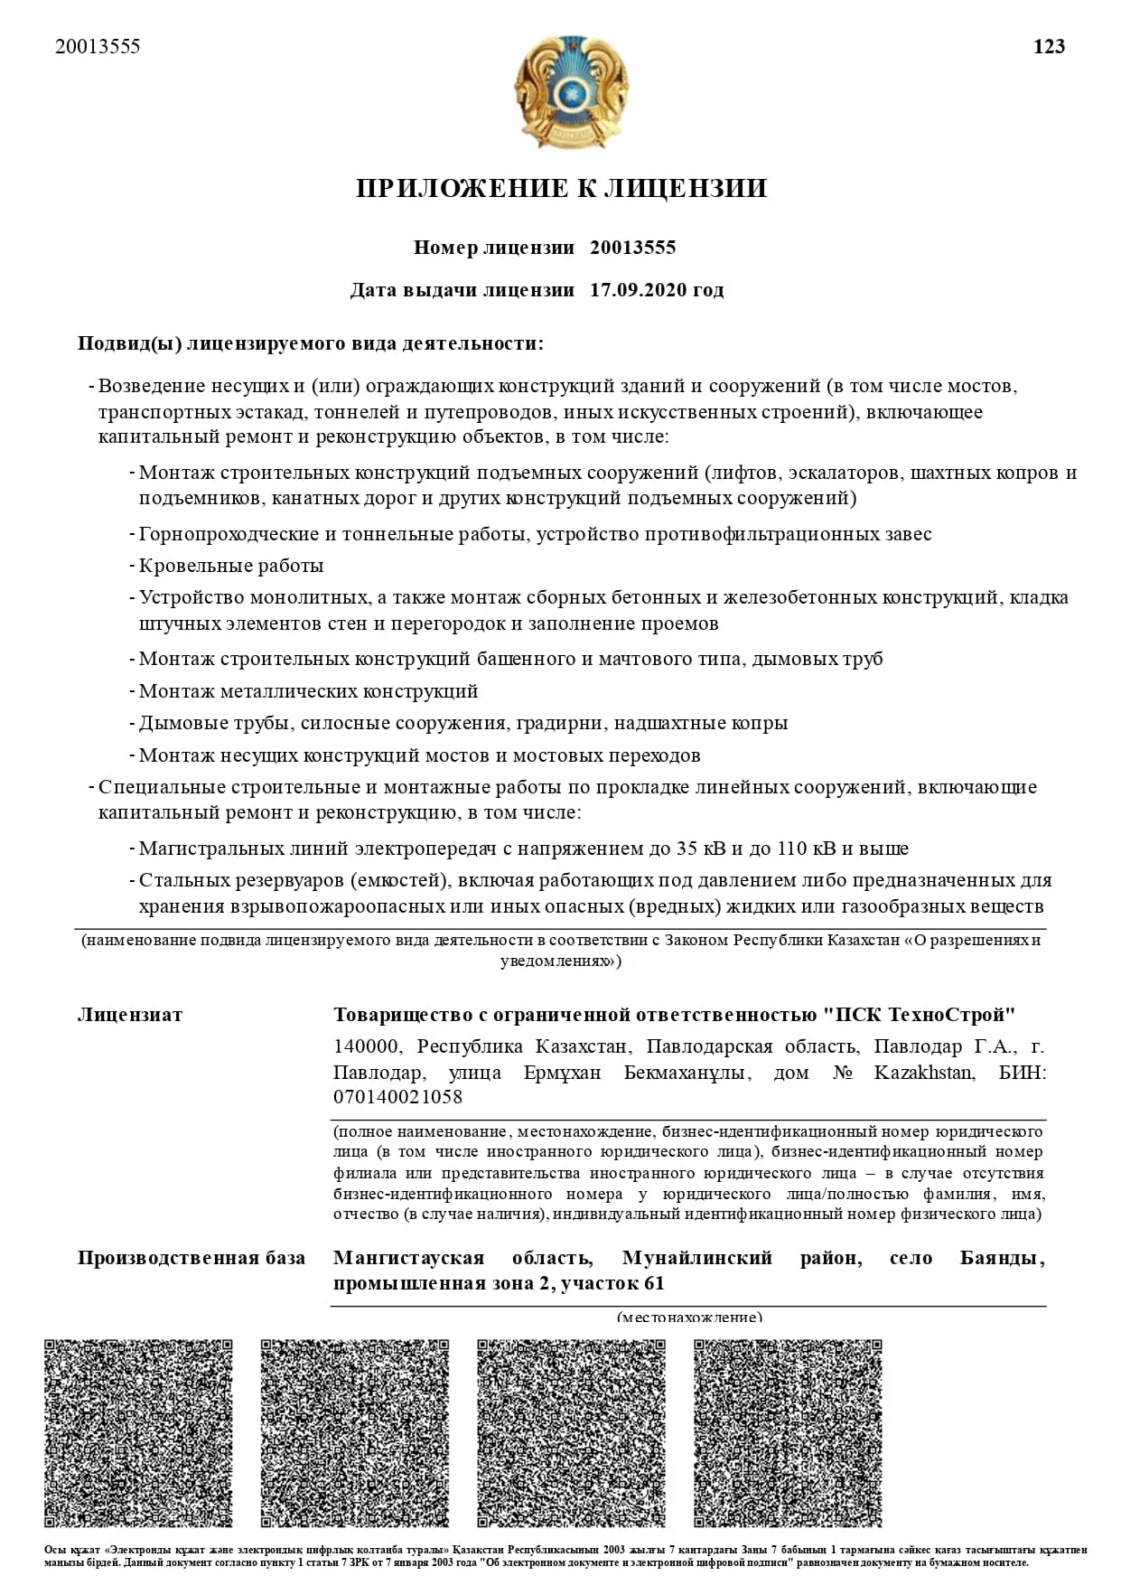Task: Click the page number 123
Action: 1049,47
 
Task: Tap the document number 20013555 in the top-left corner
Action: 98,47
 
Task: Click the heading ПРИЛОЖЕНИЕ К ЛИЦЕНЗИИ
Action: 561,188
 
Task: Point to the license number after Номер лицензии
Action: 632,248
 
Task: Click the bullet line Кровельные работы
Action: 231,566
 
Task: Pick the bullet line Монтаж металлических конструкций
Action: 308,691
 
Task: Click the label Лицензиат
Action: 130,1015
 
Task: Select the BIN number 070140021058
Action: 397,1097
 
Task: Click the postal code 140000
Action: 366,1046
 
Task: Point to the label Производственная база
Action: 192,1258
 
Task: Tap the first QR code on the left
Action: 138,1432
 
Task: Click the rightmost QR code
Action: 788,1432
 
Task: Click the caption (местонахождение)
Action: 689,1316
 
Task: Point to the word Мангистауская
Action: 408,1258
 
